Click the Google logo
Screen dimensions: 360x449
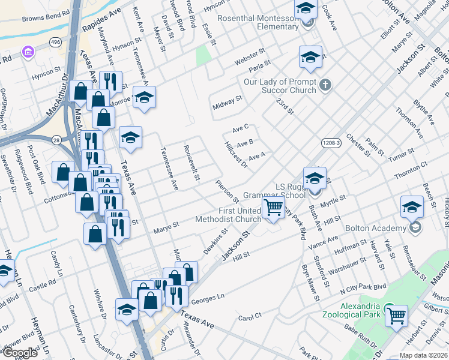tap(19, 353)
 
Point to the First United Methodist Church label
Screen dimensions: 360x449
tap(231, 215)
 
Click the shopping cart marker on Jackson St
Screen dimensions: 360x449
tap(273, 209)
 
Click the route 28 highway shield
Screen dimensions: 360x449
tap(55, 139)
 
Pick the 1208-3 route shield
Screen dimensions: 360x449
tap(331, 143)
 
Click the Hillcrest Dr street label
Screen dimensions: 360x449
tap(236, 155)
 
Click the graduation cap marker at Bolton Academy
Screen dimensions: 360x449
tap(412, 208)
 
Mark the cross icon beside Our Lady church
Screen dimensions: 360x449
tap(325, 85)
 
